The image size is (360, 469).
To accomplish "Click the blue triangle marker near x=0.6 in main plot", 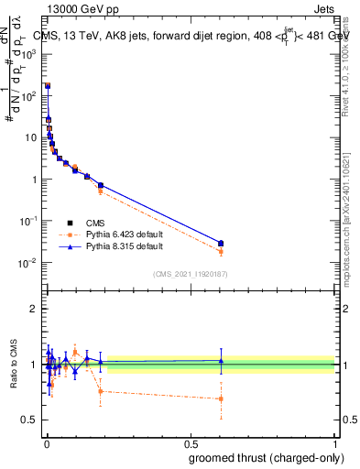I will (x=221, y=242).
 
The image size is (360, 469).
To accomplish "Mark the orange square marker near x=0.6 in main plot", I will (x=221, y=251).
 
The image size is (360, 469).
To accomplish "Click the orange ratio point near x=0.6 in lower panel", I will (x=221, y=398).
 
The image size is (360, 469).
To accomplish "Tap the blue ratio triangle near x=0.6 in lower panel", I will (x=221, y=361).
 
